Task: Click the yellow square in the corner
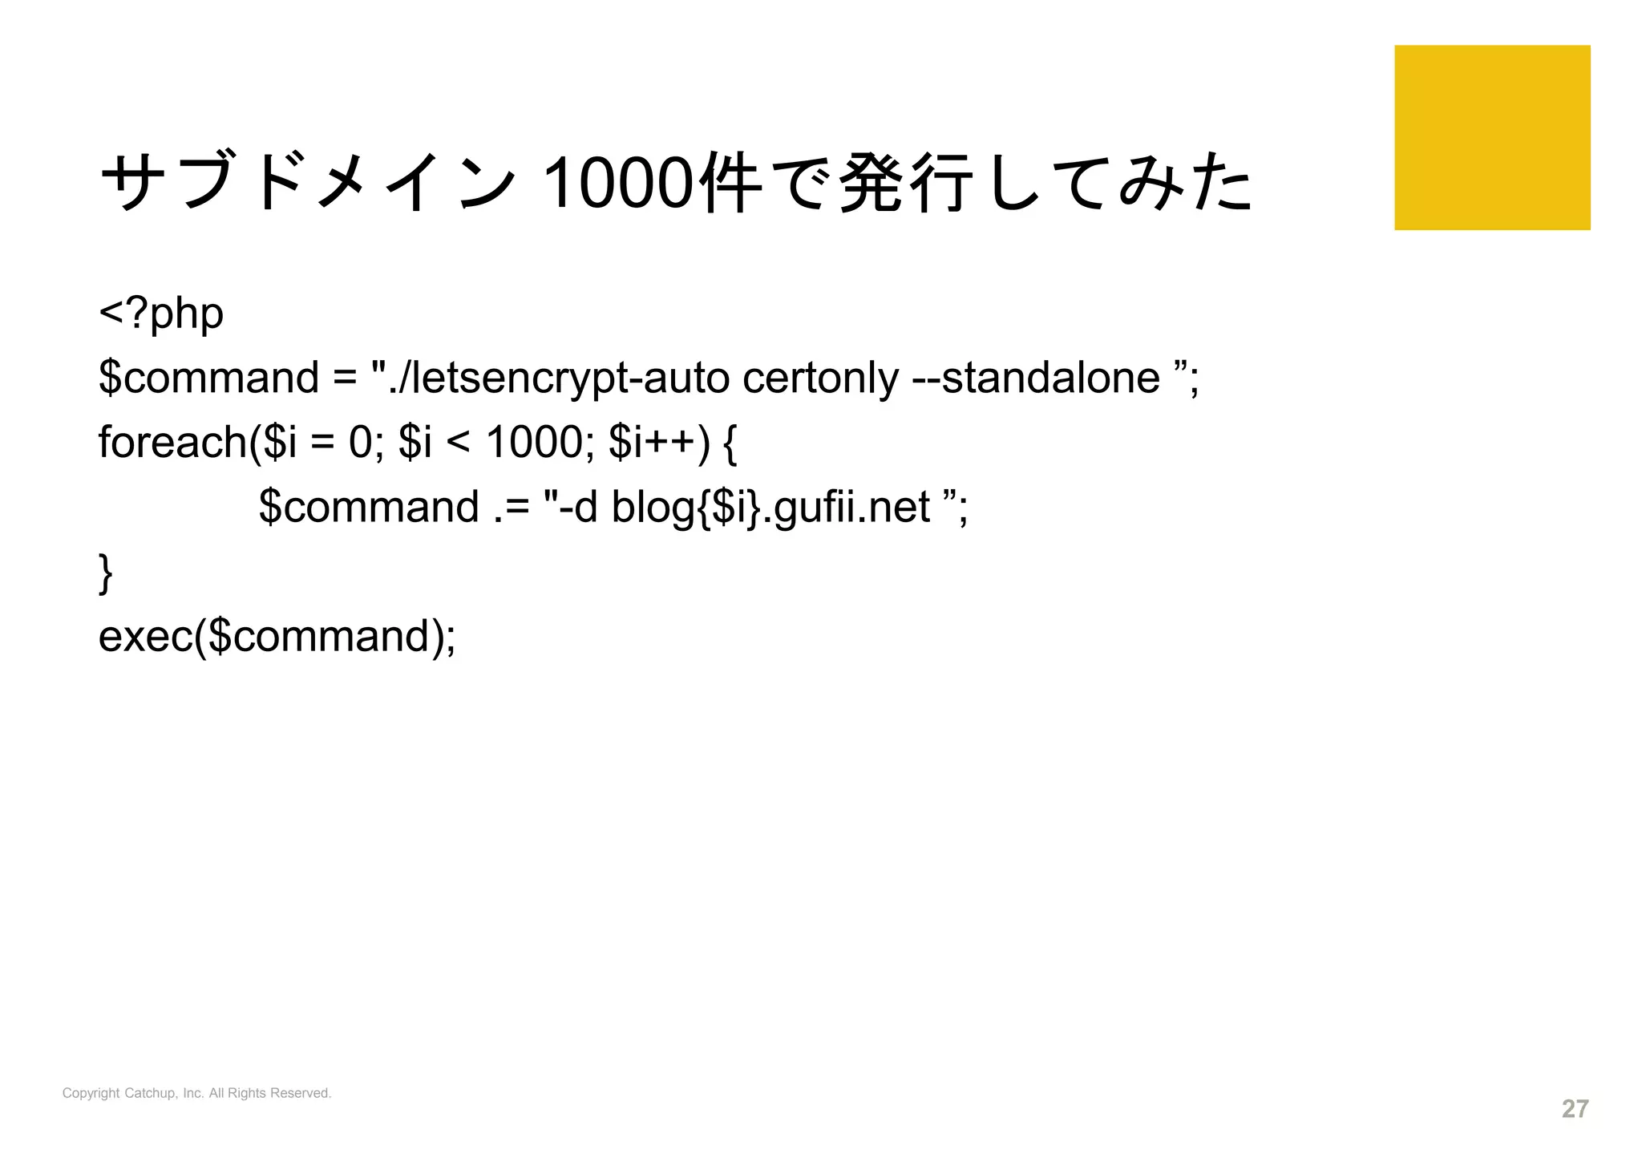[1491, 137]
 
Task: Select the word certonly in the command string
[820, 378]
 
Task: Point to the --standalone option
[1036, 378]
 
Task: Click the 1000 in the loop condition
[534, 442]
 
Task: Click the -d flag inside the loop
[579, 507]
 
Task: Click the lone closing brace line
[105, 572]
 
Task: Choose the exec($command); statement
[277, 636]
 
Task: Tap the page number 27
[1575, 1108]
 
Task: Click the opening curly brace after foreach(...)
[730, 442]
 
